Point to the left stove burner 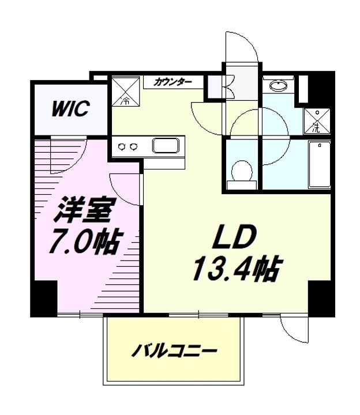pos(122,146)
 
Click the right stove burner pos(134,146)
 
